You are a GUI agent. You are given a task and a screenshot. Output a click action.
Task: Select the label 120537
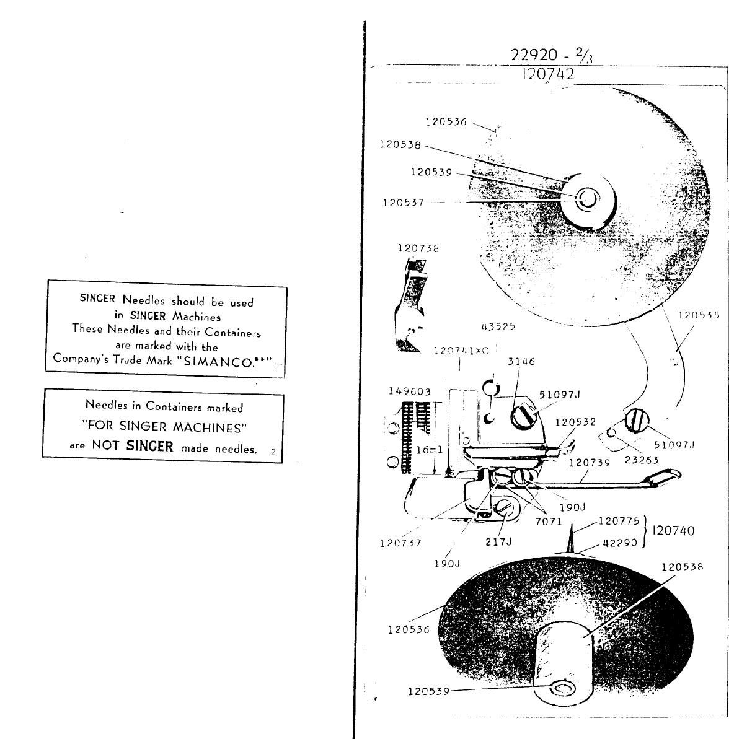403,203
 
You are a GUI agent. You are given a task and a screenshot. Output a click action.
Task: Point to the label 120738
418,248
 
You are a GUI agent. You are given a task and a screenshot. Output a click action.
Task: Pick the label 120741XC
461,351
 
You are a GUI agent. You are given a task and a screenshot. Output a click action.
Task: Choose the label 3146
521,362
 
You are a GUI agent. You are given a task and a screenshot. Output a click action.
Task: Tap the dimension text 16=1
428,450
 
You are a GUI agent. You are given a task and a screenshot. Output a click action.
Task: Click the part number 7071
549,522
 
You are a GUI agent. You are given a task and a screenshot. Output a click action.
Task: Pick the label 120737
400,543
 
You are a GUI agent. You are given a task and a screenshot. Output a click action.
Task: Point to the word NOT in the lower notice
105,445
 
